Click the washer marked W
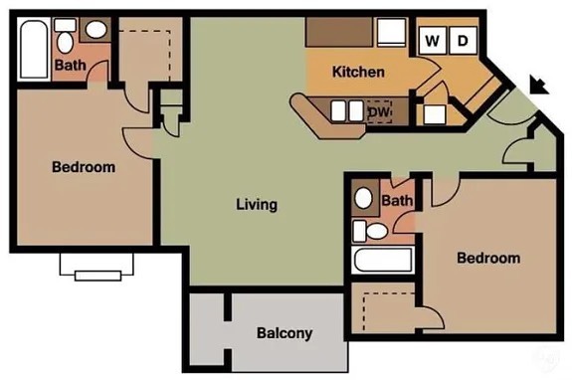pyautogui.click(x=433, y=40)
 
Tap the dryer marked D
pyautogui.click(x=463, y=40)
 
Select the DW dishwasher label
pyautogui.click(x=379, y=111)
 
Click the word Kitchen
pyautogui.click(x=358, y=72)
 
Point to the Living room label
pyautogui.click(x=257, y=204)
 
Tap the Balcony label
pyautogui.click(x=285, y=333)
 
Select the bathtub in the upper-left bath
pyautogui.click(x=34, y=49)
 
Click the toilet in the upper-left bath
pyautogui.click(x=66, y=36)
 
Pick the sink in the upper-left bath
pyautogui.click(x=95, y=30)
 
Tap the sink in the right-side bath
pyautogui.click(x=363, y=198)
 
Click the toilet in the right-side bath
pyautogui.click(x=370, y=231)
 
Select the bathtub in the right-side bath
pyautogui.click(x=383, y=260)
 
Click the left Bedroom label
pyautogui.click(x=84, y=167)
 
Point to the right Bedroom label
pyautogui.click(x=488, y=258)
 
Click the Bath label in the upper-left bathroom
pyautogui.click(x=70, y=66)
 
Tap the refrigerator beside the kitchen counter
pyautogui.click(x=392, y=32)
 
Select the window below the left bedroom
pyautogui.click(x=97, y=268)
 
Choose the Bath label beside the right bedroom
pyautogui.click(x=397, y=200)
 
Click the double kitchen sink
pyautogui.click(x=346, y=110)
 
